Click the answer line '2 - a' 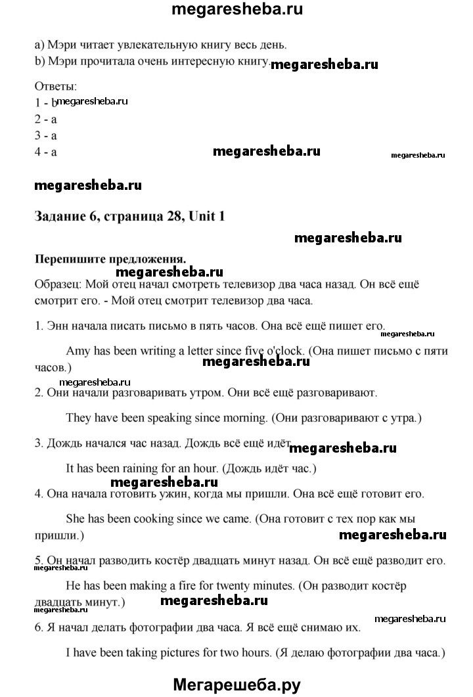46,119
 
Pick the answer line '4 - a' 46,152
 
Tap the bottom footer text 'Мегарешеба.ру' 236,684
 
